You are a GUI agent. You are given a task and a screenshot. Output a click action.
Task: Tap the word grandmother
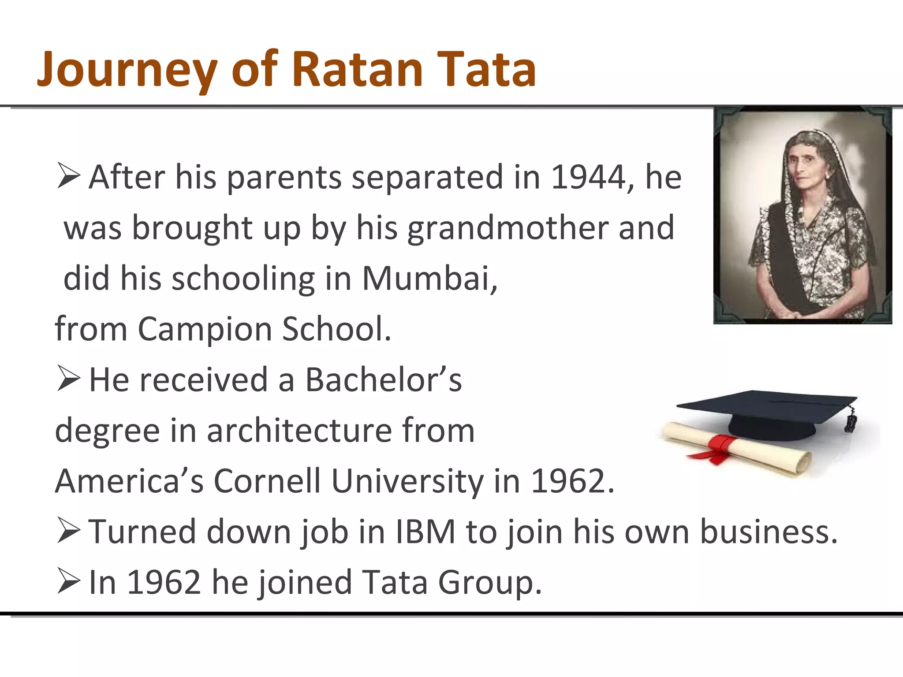[x=507, y=228]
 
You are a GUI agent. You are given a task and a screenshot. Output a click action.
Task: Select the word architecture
[x=299, y=431]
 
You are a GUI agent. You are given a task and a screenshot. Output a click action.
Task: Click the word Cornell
[x=267, y=481]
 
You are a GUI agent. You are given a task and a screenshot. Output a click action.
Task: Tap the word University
[x=407, y=481]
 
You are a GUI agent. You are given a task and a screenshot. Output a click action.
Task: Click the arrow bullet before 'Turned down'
[x=69, y=531]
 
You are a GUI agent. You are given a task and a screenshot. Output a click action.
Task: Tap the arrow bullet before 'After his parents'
[x=69, y=176]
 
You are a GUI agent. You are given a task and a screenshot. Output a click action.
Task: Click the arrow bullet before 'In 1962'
[x=69, y=582]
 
